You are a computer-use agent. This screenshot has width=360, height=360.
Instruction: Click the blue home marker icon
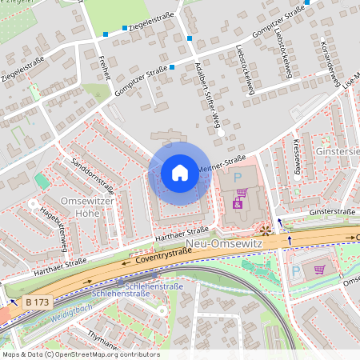click(180, 172)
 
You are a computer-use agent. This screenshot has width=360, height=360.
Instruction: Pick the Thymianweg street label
click(102, 339)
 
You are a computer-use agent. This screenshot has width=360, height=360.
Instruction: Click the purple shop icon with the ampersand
click(238, 205)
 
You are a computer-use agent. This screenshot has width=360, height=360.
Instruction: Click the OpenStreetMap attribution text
click(80, 354)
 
